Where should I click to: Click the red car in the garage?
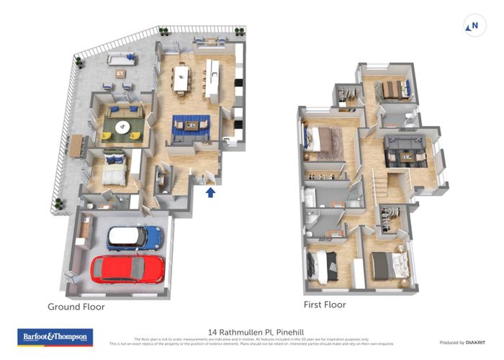point(127,269)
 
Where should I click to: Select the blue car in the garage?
point(135,237)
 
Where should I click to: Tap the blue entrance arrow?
point(210,192)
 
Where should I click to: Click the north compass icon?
point(472,27)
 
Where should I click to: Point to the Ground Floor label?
point(76,307)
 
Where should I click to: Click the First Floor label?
point(324,305)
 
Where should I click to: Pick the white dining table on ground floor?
point(180,77)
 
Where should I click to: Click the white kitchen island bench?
point(212,78)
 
